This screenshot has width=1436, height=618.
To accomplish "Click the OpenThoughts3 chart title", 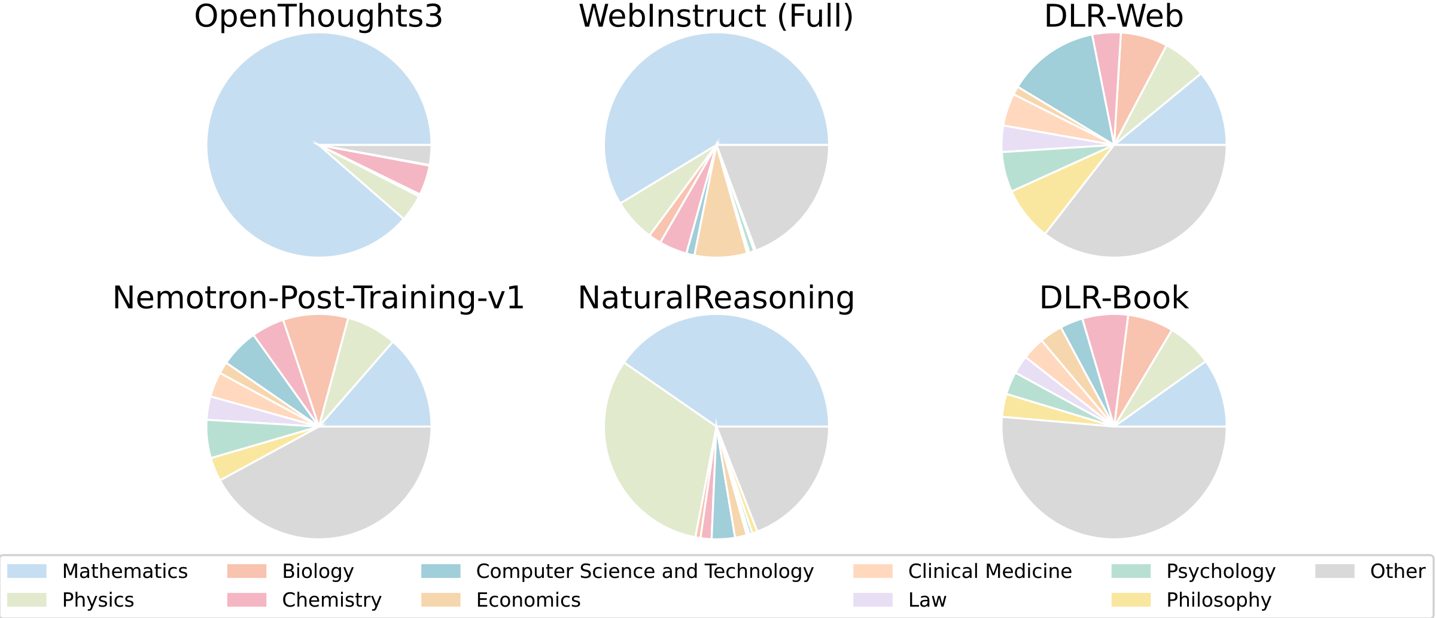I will click(x=318, y=16).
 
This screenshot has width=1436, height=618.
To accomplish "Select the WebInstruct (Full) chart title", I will click(x=716, y=16).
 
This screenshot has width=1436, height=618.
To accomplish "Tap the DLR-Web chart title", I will click(x=1113, y=16).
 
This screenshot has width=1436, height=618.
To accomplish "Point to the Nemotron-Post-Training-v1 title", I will click(x=318, y=298).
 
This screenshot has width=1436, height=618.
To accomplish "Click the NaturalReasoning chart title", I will click(x=716, y=298).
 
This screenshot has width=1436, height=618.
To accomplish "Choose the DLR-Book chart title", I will click(x=1113, y=298).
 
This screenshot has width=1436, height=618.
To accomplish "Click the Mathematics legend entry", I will click(x=124, y=571).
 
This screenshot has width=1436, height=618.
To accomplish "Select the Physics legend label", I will click(x=98, y=600).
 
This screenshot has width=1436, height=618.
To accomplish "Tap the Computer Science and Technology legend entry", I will click(x=644, y=571).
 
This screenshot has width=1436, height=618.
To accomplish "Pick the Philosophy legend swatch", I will click(x=1131, y=600).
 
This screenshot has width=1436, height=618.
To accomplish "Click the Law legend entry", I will click(x=927, y=600).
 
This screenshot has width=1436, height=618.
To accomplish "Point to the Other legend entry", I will click(x=1398, y=571).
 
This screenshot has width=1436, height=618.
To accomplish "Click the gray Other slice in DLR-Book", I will click(x=1113, y=485).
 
